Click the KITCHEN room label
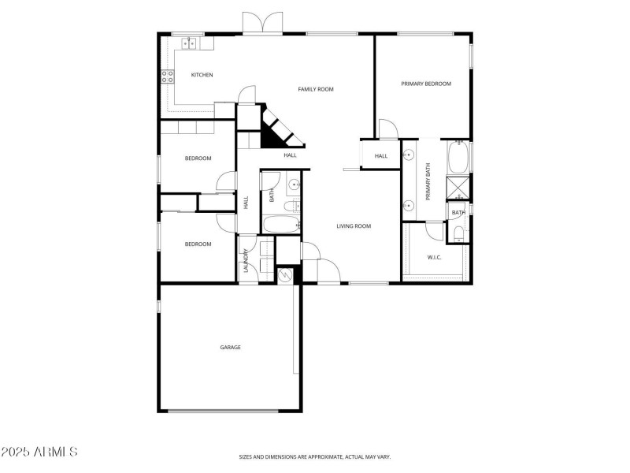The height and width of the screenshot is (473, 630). (202, 76)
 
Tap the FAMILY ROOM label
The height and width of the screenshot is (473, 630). (316, 90)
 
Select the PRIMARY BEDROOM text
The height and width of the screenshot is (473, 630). (426, 84)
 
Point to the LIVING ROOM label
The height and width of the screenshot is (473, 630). (354, 226)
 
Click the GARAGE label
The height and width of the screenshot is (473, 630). (230, 347)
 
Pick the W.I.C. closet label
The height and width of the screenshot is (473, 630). (434, 257)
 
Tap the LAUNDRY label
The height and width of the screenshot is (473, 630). (246, 260)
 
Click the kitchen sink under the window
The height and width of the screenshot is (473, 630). (189, 44)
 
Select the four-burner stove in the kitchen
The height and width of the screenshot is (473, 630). (168, 76)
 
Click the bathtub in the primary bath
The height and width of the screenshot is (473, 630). (458, 158)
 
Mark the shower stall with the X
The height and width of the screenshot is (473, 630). (458, 188)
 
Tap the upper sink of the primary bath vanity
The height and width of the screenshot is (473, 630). (409, 155)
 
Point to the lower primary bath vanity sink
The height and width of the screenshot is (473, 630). (409, 207)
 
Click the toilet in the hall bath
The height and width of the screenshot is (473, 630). (291, 206)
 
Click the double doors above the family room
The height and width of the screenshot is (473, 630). (261, 24)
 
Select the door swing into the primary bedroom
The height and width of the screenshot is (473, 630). (387, 128)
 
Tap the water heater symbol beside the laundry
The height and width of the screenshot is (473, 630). (285, 275)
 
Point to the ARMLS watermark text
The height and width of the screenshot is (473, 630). (39, 452)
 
